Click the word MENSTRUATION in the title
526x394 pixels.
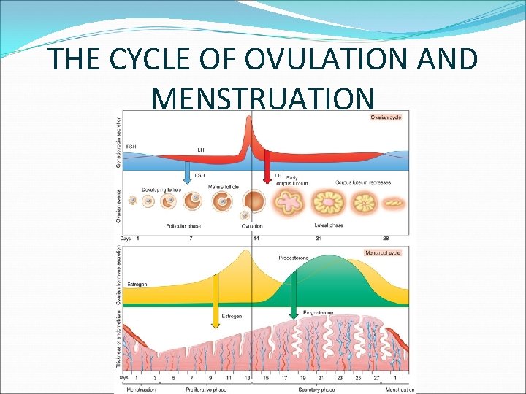click(263, 98)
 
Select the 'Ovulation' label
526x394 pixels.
click(252, 226)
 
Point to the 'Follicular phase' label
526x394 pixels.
click(183, 226)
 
